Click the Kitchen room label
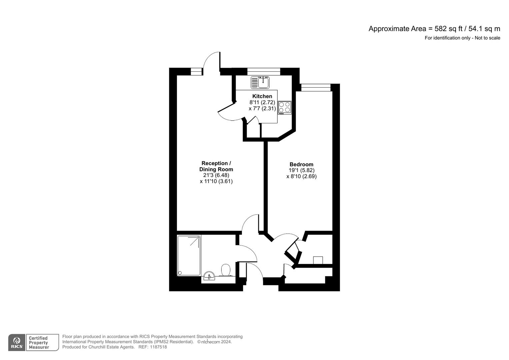[x=262, y=96]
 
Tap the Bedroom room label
[x=301, y=164]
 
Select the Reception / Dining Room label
[x=216, y=166]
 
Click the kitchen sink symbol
[x=260, y=82]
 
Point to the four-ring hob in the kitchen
[x=284, y=107]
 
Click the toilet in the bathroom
[x=226, y=270]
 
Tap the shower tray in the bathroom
[x=189, y=255]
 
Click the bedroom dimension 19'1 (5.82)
[x=301, y=170]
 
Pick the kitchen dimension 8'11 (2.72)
[x=262, y=102]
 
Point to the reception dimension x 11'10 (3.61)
[x=216, y=181]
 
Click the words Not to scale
[x=487, y=38]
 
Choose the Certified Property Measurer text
[x=39, y=343]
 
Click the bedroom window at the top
[x=316, y=87]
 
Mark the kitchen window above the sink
[x=263, y=71]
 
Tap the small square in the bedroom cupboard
[x=318, y=260]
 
